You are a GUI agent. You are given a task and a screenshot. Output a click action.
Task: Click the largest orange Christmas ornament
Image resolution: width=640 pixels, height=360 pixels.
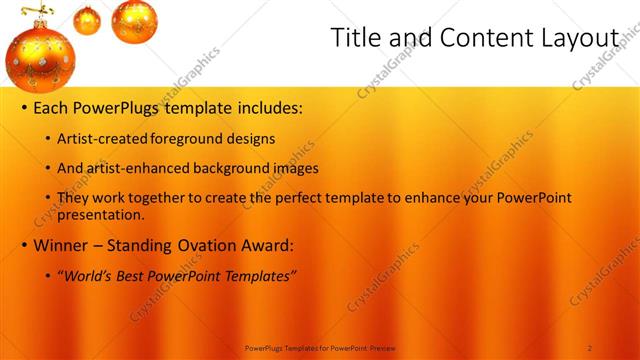tap(39, 57)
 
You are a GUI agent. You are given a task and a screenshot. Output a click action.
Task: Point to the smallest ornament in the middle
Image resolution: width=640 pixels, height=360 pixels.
tap(87, 19)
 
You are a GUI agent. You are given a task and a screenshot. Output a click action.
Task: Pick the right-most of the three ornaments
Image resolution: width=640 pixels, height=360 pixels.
tap(134, 21)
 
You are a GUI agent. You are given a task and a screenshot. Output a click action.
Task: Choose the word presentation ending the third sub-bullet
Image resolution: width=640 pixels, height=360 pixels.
tap(100, 214)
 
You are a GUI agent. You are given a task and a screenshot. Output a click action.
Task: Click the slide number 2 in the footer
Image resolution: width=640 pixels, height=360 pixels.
tap(590, 347)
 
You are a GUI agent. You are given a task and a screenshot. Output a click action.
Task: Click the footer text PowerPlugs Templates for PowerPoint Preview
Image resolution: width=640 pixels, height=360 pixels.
tap(320, 347)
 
